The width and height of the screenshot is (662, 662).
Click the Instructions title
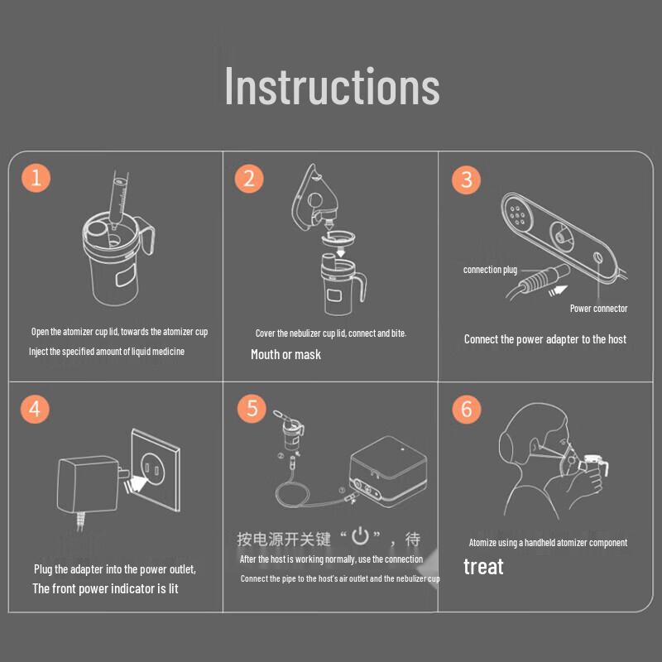pos(333,86)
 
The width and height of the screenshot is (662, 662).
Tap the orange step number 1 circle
pos(36,178)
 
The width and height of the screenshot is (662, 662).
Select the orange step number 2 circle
pos(249,179)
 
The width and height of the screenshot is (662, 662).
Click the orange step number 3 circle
pos(466,180)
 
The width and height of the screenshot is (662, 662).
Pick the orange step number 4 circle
pos(35,409)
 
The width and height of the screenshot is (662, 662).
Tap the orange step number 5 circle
pos(252,408)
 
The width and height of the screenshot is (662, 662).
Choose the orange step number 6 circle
pos(467,409)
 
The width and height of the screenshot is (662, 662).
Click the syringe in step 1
pos(118,199)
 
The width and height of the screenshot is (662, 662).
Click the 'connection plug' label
pos(490,270)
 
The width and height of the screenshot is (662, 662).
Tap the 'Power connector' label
pos(598,309)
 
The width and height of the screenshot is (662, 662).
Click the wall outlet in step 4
pos(156,469)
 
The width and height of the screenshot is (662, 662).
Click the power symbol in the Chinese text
pos(361,535)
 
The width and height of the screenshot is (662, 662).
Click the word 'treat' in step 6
pos(483,567)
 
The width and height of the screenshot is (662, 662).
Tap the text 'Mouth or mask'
pos(285,355)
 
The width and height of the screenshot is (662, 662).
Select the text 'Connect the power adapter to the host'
pos(545,339)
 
